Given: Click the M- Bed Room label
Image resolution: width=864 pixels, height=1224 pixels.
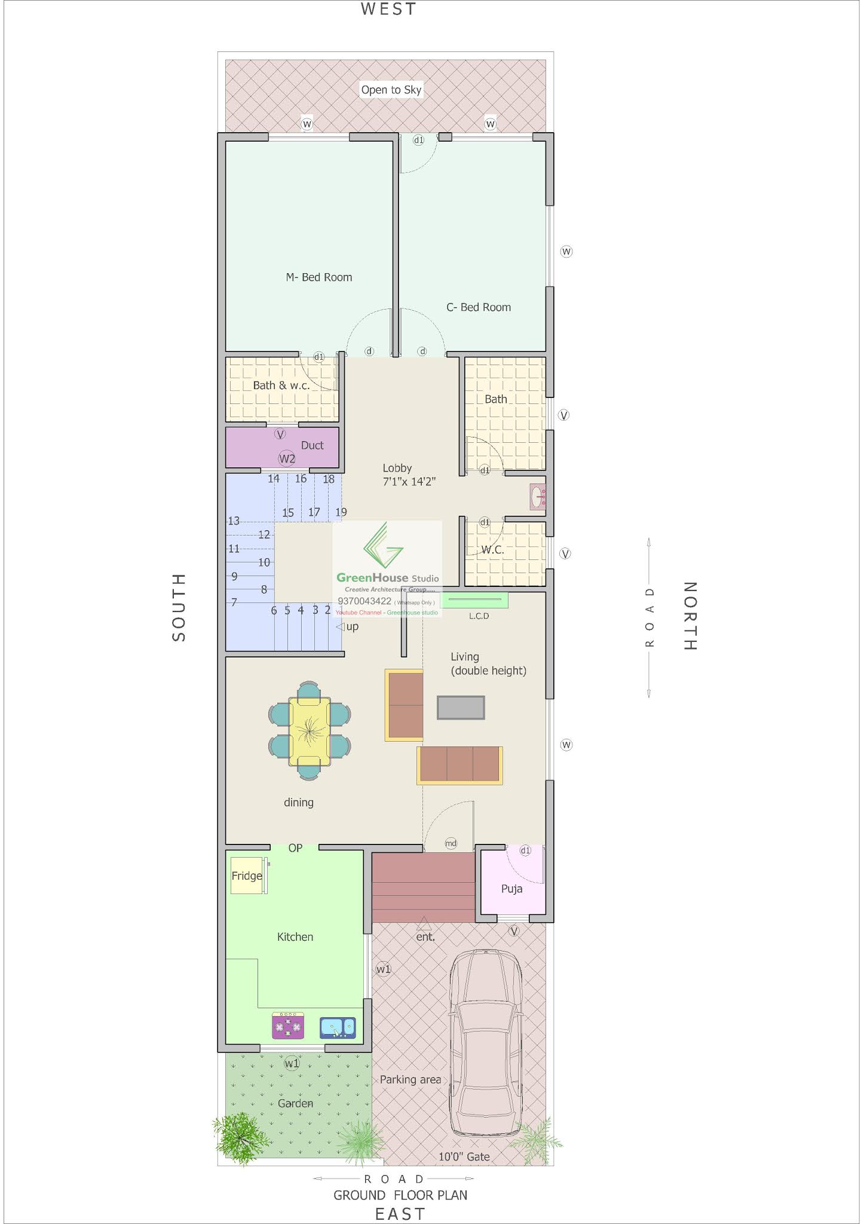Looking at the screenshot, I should tap(318, 277).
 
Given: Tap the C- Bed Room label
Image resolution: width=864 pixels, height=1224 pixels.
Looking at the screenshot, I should tap(478, 307).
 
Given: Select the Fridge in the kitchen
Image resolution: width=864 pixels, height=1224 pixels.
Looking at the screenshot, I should tap(247, 876).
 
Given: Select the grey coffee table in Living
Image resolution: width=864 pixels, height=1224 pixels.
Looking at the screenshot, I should tap(461, 708).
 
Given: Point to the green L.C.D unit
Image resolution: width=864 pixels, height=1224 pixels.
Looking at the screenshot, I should tap(474, 599).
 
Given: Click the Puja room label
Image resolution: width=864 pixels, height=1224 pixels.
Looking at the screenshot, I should tap(511, 889).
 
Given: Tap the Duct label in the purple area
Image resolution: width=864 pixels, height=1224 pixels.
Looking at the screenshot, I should tap(312, 445).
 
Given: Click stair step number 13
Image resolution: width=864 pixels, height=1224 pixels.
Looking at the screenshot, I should tap(234, 521).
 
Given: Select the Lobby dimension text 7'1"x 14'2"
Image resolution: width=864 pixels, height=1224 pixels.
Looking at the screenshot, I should tap(409, 482).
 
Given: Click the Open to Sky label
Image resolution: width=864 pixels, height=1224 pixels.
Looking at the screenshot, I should tap(391, 90).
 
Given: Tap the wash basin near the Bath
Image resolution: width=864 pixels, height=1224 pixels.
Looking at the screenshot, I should tap(538, 496).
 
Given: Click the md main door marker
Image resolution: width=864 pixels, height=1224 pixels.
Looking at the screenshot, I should tap(451, 843).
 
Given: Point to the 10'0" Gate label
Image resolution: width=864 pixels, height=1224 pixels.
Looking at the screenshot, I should tap(464, 1156).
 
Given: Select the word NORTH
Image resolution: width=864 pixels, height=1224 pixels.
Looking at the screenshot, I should tap(690, 616).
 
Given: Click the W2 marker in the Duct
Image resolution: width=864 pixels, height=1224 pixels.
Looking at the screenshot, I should tap(287, 458).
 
